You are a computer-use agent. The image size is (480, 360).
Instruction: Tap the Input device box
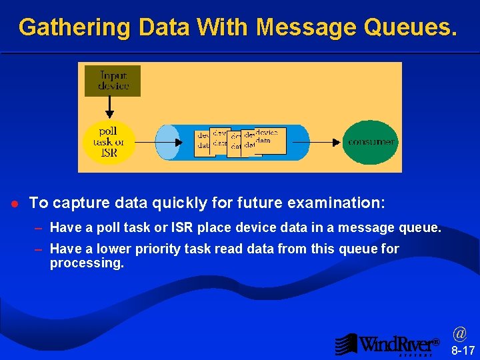[x=113, y=81]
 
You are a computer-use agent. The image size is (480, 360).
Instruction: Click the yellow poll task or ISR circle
[x=108, y=142]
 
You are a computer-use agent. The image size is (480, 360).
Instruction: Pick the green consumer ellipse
[x=371, y=142]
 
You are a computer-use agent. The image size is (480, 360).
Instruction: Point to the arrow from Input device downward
[x=109, y=107]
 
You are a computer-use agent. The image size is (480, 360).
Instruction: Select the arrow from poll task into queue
[x=159, y=142]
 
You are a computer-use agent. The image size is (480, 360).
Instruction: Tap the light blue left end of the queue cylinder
[x=167, y=142]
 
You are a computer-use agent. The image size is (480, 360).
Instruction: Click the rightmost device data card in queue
[x=271, y=140]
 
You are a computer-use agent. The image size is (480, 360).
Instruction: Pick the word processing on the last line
[x=87, y=263]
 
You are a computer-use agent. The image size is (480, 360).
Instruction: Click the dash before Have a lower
[x=39, y=249]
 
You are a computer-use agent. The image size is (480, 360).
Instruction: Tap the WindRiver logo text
[x=397, y=344]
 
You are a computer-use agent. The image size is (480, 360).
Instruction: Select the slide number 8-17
[x=463, y=350]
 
